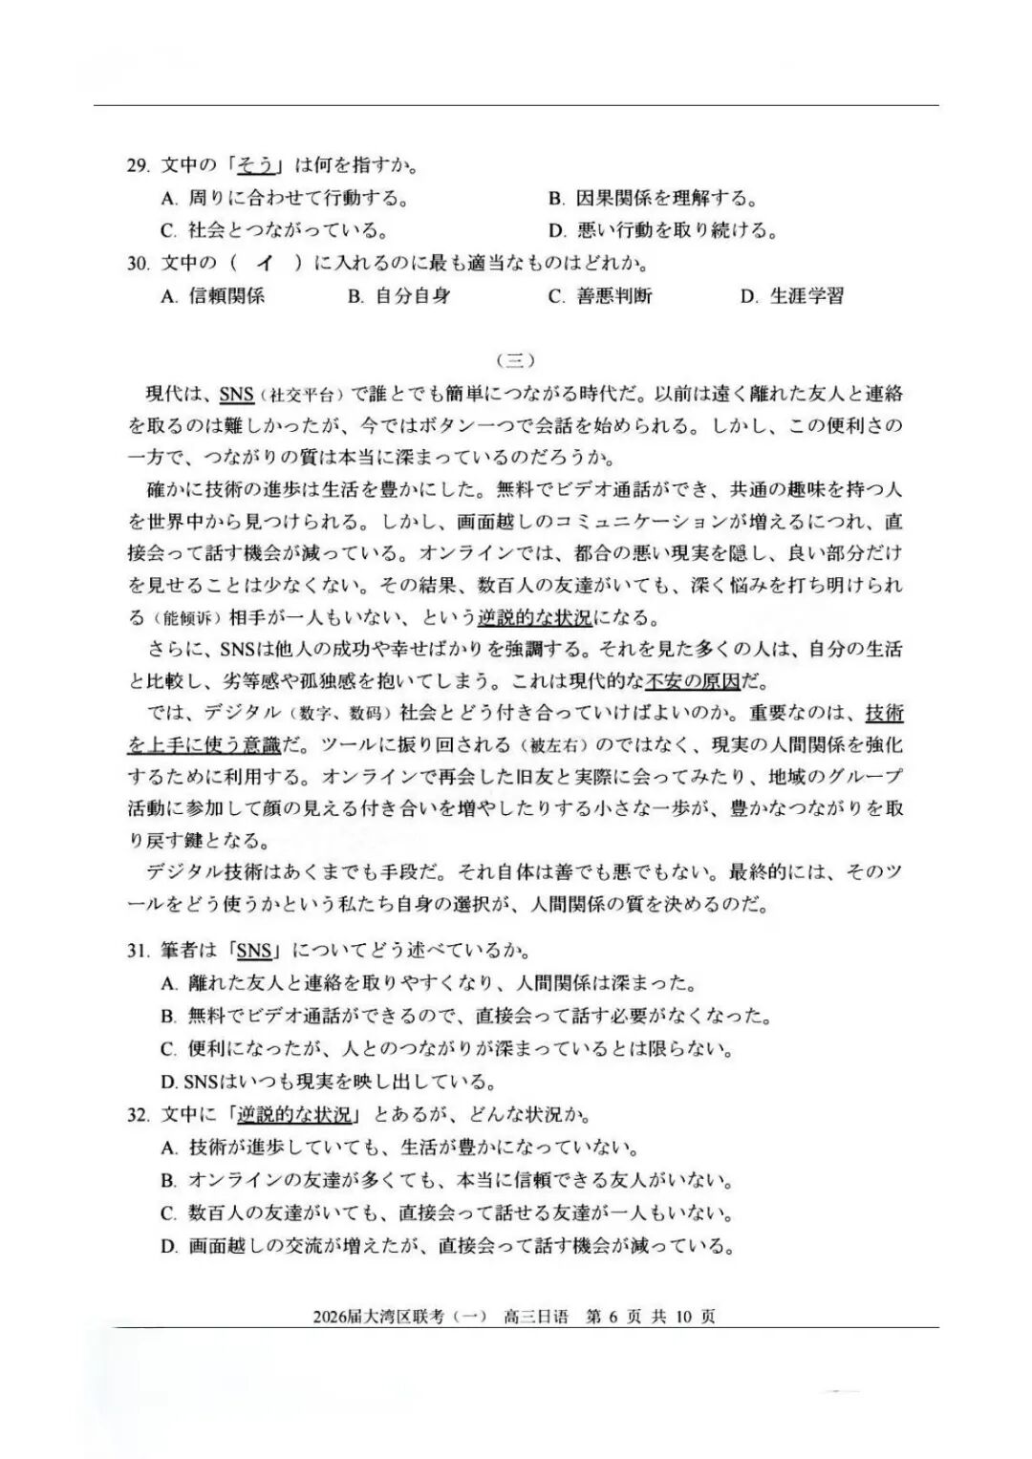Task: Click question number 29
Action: pyautogui.click(x=138, y=165)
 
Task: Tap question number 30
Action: pyautogui.click(x=138, y=263)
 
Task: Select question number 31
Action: pyautogui.click(x=138, y=951)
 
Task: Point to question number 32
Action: pyautogui.click(x=138, y=1115)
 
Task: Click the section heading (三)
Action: pyautogui.click(x=516, y=360)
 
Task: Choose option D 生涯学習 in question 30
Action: pyautogui.click(x=792, y=296)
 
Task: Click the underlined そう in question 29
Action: pyautogui.click(x=256, y=165)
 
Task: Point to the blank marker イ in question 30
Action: pyautogui.click(x=265, y=263)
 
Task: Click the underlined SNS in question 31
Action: pyautogui.click(x=254, y=951)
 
